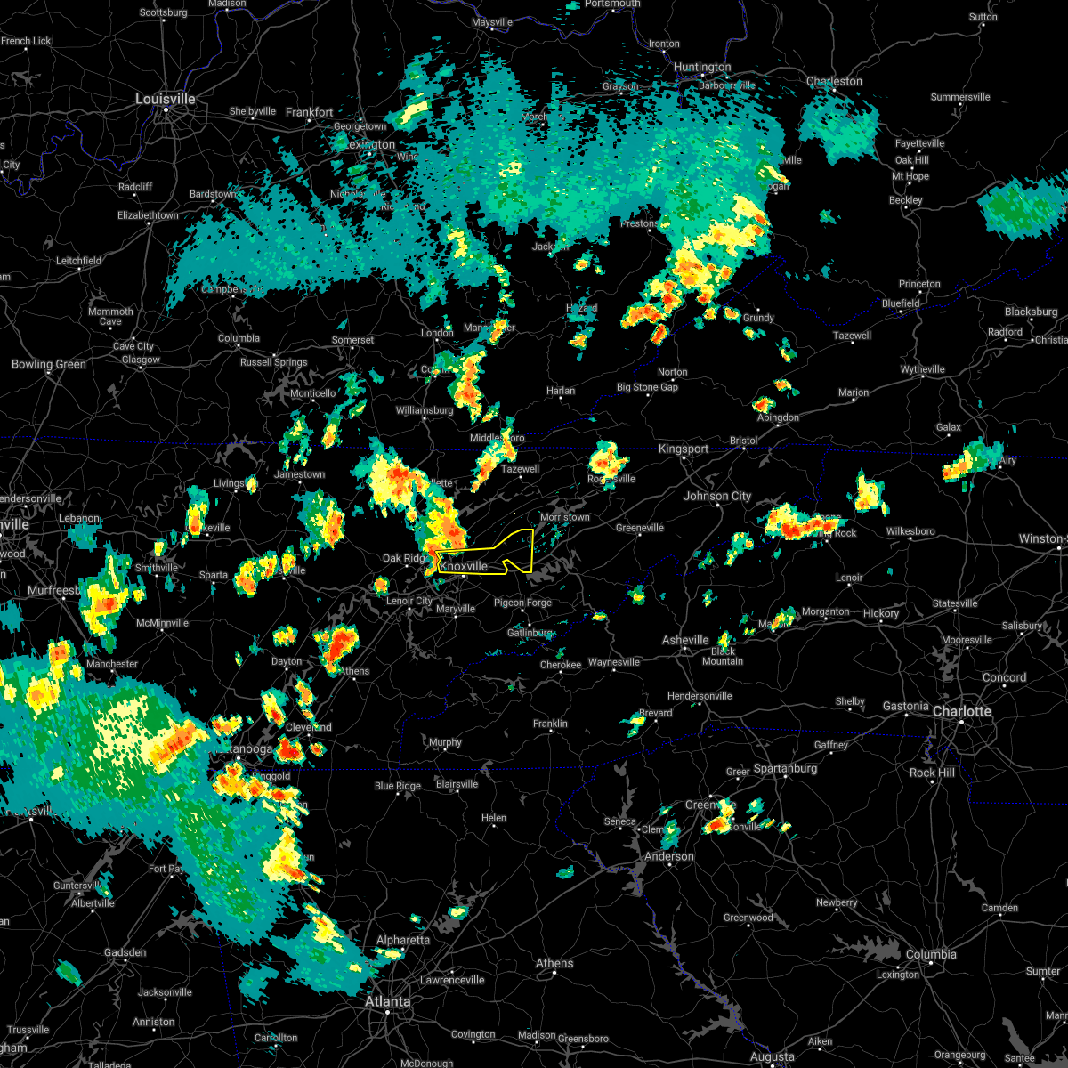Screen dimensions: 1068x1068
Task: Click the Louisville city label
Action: pyautogui.click(x=165, y=99)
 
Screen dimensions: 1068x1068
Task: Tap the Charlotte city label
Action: pyautogui.click(x=961, y=711)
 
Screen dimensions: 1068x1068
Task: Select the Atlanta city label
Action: pyautogui.click(x=388, y=1001)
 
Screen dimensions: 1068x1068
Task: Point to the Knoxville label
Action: pyautogui.click(x=464, y=566)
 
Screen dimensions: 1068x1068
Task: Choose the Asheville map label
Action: pyautogui.click(x=685, y=640)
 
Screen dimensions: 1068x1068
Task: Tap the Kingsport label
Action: pyautogui.click(x=684, y=449)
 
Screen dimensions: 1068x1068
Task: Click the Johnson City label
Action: pyautogui.click(x=717, y=496)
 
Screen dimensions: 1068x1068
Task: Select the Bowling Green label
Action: pyautogui.click(x=49, y=364)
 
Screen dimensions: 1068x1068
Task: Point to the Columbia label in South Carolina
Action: pyautogui.click(x=931, y=954)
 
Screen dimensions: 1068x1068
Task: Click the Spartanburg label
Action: pyautogui.click(x=785, y=768)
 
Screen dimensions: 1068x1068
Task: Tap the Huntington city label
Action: pyautogui.click(x=702, y=67)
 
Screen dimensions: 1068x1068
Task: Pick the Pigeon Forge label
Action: pyautogui.click(x=522, y=603)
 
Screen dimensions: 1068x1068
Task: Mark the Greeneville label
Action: pyautogui.click(x=640, y=528)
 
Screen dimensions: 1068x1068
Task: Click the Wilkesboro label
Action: pyautogui.click(x=910, y=531)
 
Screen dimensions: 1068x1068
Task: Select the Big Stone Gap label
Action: pyautogui.click(x=647, y=387)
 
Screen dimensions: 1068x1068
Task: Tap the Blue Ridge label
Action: pyautogui.click(x=397, y=786)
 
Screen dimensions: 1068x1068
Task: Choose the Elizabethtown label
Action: pyautogui.click(x=147, y=215)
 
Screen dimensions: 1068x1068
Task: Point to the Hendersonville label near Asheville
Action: pyautogui.click(x=699, y=696)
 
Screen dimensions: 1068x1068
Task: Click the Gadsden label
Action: pyautogui.click(x=125, y=952)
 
